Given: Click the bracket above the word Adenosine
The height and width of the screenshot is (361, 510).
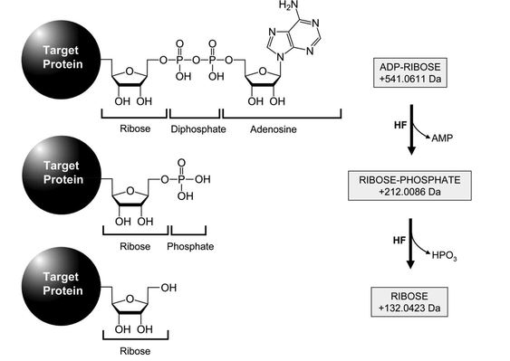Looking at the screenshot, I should tap(282, 116).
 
